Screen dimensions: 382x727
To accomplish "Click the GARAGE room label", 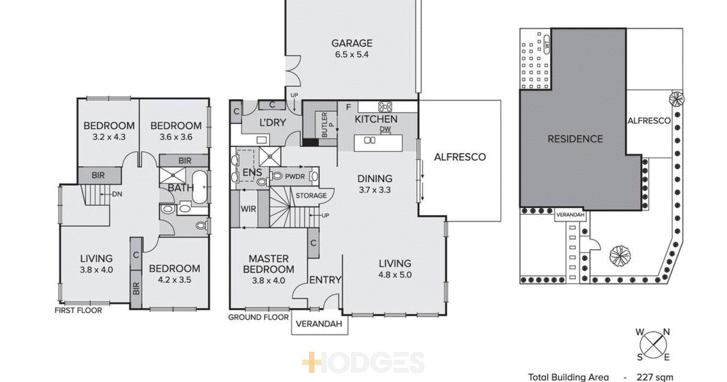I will tap(352, 43).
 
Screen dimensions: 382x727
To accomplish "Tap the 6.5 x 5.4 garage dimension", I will tap(352, 55).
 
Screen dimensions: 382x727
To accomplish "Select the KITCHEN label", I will tap(376, 119).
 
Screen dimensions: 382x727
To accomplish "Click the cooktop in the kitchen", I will tap(385, 107).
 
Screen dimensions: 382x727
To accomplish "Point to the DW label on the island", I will tap(385, 129).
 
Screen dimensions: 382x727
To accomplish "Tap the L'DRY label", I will tap(273, 122).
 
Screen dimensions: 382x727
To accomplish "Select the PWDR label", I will tap(295, 176).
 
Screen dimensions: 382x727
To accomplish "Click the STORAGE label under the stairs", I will tap(311, 195).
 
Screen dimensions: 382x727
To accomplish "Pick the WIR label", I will tap(248, 209).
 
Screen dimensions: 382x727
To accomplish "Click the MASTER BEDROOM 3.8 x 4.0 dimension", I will tap(269, 281).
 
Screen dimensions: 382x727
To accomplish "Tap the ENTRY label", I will tap(325, 280).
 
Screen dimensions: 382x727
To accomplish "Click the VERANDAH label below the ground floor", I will tap(319, 324).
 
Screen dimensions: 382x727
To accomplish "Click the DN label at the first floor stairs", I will tap(117, 194).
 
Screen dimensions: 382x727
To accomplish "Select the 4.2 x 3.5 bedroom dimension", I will tap(174, 280).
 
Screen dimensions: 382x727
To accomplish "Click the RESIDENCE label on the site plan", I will tap(575, 139).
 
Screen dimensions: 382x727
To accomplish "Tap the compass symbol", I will tap(653, 344).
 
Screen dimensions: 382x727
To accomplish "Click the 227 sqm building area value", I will tap(655, 377).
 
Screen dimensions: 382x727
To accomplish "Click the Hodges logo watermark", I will tap(363, 363).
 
